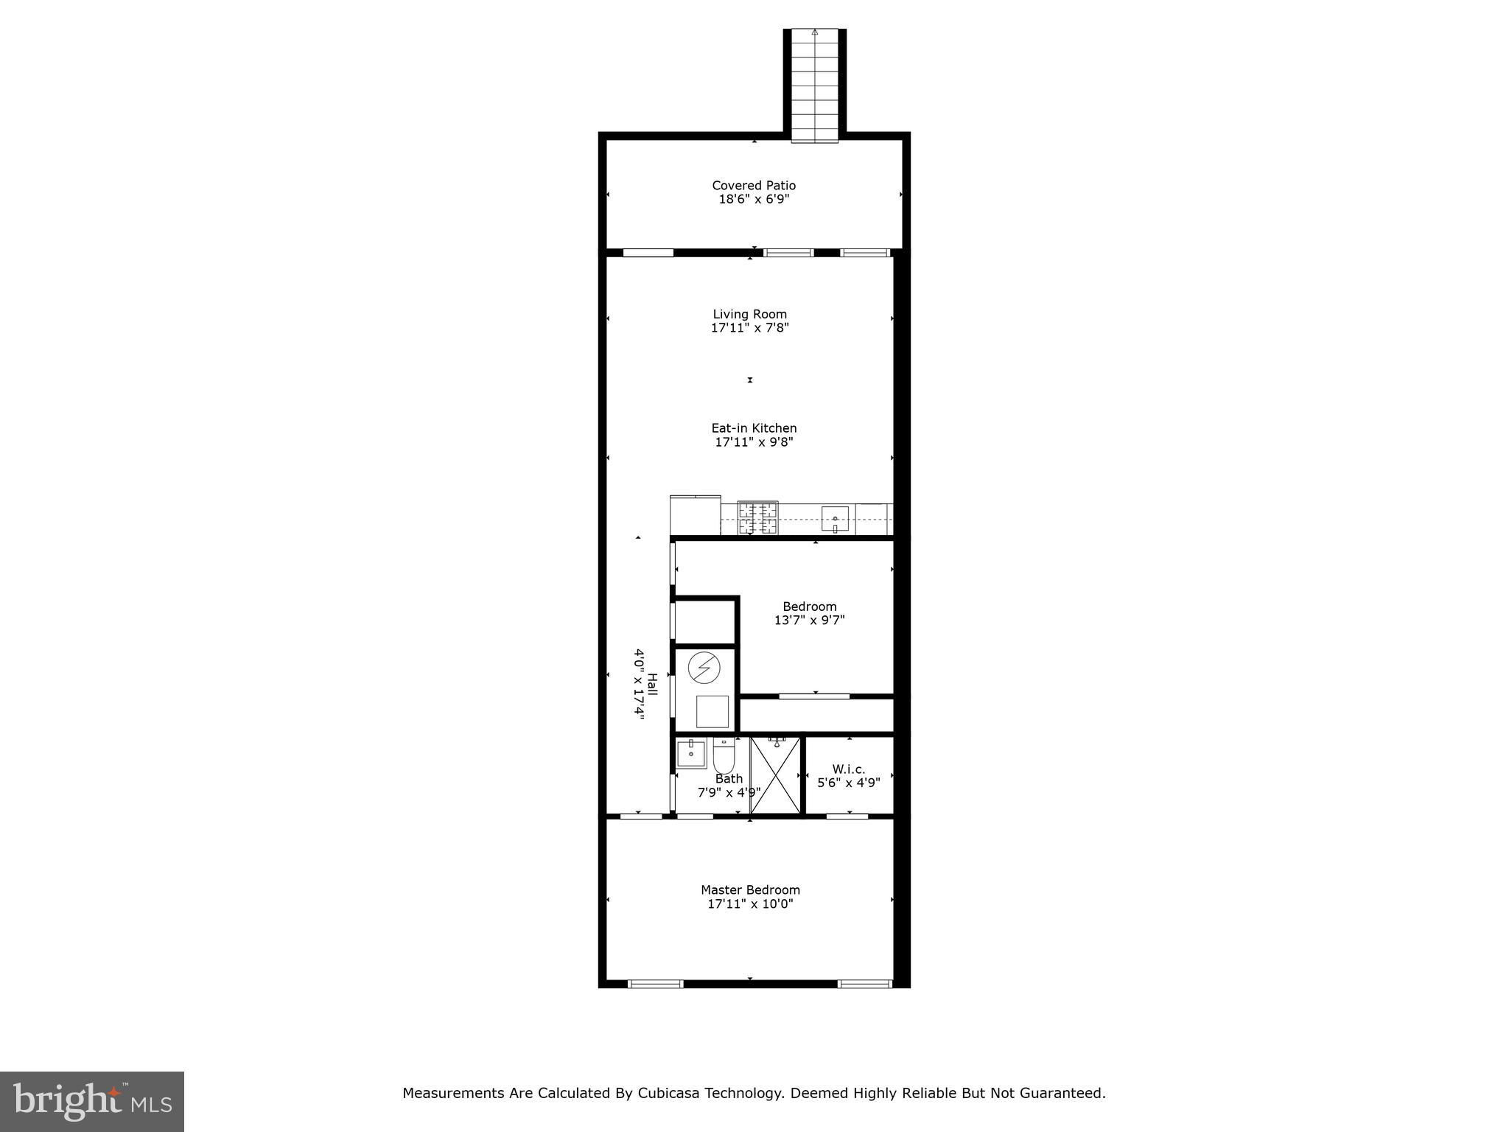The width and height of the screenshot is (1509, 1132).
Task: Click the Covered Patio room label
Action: pyautogui.click(x=754, y=186)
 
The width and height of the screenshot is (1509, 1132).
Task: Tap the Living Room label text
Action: pyautogui.click(x=749, y=314)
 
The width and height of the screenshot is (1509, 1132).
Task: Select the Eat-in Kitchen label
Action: pyautogui.click(x=754, y=428)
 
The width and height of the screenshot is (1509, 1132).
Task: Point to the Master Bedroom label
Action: pyautogui.click(x=750, y=890)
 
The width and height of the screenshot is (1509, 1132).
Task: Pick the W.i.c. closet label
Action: pyautogui.click(x=849, y=769)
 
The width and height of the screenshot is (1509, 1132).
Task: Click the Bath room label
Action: pyautogui.click(x=729, y=779)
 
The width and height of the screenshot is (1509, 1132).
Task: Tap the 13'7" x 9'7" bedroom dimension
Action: pyautogui.click(x=809, y=621)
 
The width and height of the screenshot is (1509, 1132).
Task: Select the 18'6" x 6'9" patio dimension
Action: pyautogui.click(x=754, y=199)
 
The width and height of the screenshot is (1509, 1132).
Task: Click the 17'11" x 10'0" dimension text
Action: pyautogui.click(x=750, y=904)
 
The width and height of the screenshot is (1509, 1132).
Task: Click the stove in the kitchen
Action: pyautogui.click(x=758, y=517)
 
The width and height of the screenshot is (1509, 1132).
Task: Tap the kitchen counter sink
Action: pyautogui.click(x=835, y=519)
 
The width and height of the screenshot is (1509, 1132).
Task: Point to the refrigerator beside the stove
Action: pyautogui.click(x=695, y=515)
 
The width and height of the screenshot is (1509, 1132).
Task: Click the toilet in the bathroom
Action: pyautogui.click(x=722, y=752)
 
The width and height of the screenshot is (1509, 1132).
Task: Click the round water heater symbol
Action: pyautogui.click(x=704, y=668)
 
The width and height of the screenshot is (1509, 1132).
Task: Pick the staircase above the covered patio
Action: pyautogui.click(x=814, y=85)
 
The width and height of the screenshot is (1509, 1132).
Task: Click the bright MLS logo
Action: pyautogui.click(x=92, y=1102)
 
